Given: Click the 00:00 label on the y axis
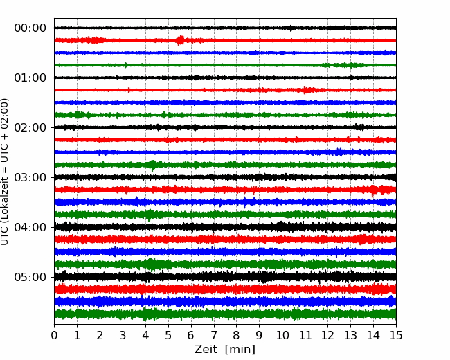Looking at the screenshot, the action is click(30, 28).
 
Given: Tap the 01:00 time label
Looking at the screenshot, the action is click(30, 78).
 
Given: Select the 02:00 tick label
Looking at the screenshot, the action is click(30, 127).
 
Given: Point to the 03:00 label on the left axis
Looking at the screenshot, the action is click(30, 177).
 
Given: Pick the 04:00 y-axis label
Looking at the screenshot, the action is click(30, 227).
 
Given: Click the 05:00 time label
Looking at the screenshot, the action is click(30, 277).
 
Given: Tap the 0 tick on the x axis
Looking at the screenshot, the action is click(54, 335).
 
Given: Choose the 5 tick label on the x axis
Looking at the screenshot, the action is click(168, 335).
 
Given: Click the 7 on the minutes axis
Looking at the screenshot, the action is click(214, 335).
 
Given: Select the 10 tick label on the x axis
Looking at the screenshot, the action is click(282, 335).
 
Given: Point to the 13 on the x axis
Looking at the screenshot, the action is click(350, 335).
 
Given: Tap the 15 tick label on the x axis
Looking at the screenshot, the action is click(396, 335).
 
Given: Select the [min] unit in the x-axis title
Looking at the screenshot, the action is click(240, 350).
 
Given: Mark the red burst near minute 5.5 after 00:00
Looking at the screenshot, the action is click(181, 40).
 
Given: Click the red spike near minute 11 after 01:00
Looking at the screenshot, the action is click(305, 90).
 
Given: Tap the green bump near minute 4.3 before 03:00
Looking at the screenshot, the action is click(153, 165).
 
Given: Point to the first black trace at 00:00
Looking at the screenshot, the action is click(225, 28).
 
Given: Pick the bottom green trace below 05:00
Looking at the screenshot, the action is click(225, 314).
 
